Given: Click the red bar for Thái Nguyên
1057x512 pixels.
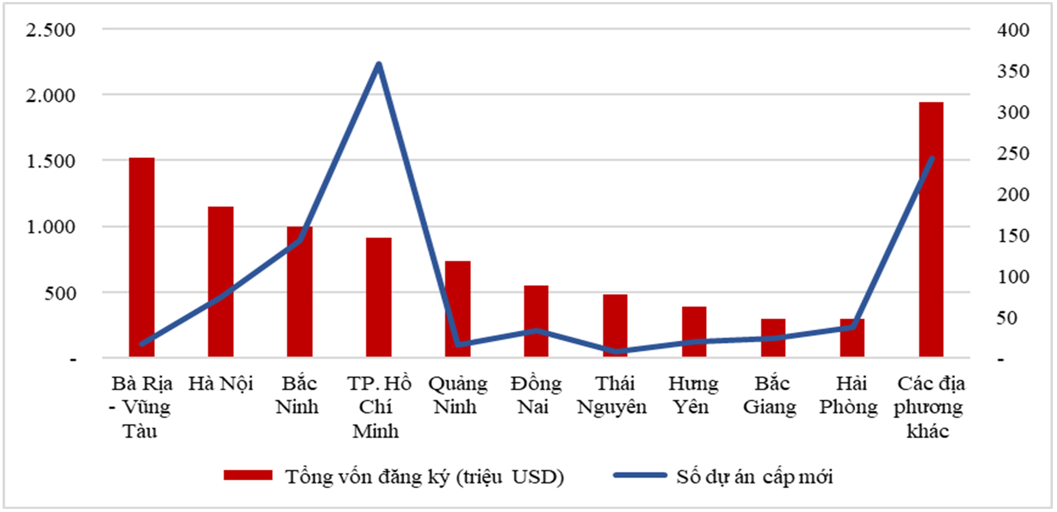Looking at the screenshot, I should tap(615, 325).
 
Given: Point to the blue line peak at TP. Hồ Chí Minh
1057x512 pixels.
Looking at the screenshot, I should tap(379, 65).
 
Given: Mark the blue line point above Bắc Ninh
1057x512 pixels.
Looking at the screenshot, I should tap(300, 240).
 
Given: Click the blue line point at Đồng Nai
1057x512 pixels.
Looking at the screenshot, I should tap(536, 331).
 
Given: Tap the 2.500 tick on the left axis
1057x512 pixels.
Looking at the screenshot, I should tap(51, 30).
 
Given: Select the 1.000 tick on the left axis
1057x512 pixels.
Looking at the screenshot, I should tap(51, 227).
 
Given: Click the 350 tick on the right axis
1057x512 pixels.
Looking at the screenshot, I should tap(1013, 71).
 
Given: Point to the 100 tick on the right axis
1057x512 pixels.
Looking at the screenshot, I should tap(1013, 276).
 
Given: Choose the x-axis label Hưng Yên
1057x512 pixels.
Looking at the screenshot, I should tap(693, 395).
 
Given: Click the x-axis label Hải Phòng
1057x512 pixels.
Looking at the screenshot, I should tap(849, 395).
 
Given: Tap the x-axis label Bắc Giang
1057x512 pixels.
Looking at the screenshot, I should tap(771, 395).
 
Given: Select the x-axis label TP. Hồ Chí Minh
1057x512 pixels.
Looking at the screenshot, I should tap(379, 407).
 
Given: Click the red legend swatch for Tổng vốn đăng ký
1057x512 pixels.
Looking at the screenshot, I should tap(248, 475).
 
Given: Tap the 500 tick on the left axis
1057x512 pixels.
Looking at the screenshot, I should tap(60, 293).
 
